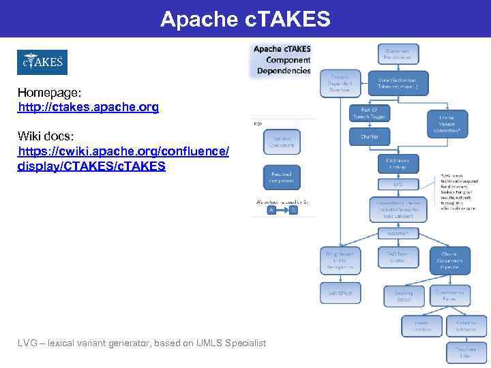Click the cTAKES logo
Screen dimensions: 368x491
tap(42, 63)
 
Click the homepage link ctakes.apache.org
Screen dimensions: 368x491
tap(88, 108)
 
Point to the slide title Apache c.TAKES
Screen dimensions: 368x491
tap(245, 19)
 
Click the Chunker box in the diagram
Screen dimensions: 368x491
tap(369, 136)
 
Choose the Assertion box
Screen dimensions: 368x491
tap(398, 232)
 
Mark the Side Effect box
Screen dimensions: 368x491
tap(340, 292)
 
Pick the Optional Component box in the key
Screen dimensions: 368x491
tap(281, 141)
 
